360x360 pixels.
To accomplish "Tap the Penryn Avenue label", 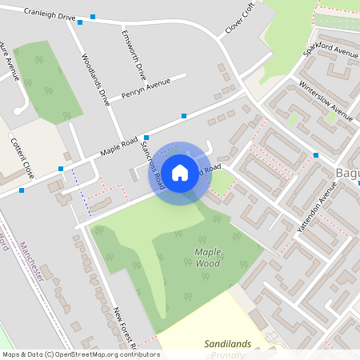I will point(146,87).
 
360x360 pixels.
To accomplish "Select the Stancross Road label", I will point(152,162).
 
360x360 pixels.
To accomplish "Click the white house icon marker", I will point(180,172).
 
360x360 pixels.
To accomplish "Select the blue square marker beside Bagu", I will point(316,154).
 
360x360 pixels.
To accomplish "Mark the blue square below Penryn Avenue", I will point(184,116).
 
